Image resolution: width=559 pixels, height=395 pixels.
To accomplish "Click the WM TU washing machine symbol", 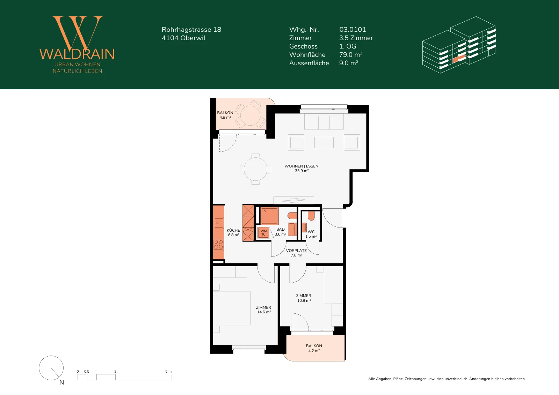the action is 263,232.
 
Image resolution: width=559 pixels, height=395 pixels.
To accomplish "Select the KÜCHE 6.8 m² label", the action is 233,232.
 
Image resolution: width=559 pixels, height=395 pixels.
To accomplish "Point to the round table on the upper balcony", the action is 250,115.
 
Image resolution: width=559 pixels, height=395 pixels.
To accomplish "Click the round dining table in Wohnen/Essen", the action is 255,169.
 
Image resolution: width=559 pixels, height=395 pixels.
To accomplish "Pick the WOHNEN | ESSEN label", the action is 302,166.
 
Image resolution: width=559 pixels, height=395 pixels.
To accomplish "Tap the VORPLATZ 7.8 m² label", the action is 296,253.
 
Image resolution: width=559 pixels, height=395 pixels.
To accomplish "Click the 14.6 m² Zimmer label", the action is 264,310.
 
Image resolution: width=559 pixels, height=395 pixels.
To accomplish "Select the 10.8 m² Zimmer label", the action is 304,298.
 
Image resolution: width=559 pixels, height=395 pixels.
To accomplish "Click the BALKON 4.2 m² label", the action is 314,348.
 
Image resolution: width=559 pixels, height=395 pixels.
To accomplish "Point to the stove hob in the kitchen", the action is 218,245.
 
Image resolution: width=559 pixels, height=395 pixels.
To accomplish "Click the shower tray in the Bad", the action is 269,216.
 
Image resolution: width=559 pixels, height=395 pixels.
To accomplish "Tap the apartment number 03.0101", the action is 353,29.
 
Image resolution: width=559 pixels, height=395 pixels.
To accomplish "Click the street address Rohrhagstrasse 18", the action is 191,29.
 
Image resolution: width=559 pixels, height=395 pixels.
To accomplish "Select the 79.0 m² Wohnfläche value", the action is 351,54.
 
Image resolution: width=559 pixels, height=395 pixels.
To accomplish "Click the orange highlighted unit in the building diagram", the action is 459,59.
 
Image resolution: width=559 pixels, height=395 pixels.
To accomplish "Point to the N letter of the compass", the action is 61,382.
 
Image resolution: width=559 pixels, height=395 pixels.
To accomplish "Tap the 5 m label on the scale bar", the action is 168,371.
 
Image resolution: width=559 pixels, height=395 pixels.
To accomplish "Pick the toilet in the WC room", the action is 311,216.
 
